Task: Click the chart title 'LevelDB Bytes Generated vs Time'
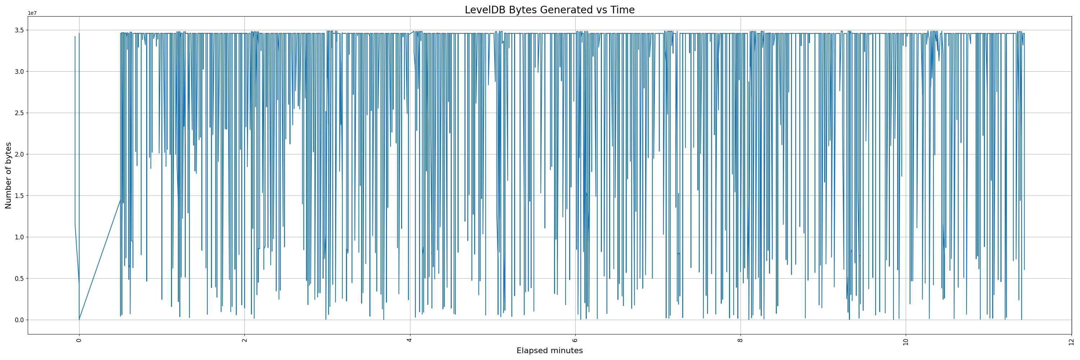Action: click(x=549, y=10)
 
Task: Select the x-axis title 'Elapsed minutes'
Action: click(x=549, y=351)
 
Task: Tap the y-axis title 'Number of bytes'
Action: click(x=8, y=175)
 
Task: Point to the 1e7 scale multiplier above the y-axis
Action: click(x=32, y=13)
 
